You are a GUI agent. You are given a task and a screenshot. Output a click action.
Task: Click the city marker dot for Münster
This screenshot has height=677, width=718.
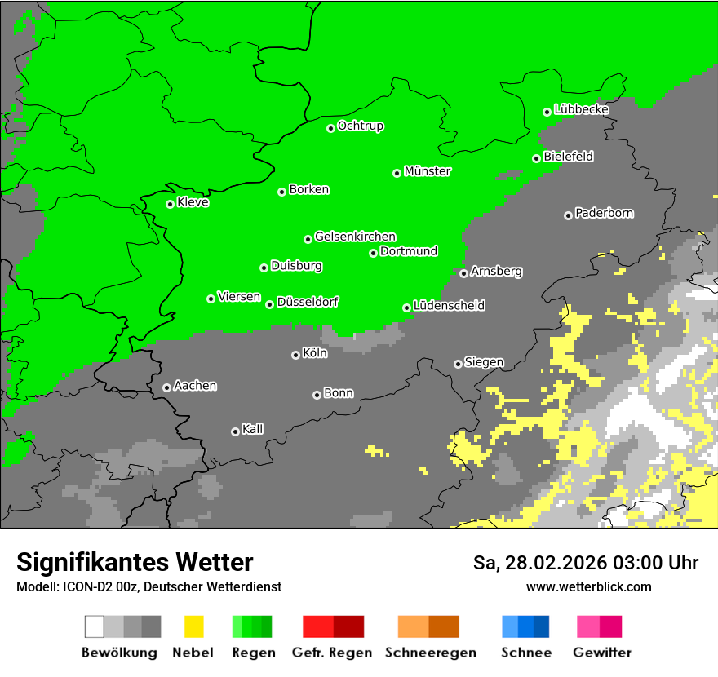coord(397,173)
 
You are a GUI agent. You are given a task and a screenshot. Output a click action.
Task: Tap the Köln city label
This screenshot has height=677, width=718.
coord(314,353)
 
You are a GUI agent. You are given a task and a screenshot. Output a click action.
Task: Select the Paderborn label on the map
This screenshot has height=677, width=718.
coord(604,213)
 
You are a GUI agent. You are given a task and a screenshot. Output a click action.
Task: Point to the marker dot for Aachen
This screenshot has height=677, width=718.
coord(166,387)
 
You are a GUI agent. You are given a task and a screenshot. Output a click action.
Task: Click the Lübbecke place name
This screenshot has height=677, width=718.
coord(581,109)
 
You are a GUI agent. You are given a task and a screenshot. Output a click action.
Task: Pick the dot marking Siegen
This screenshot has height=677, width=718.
coord(458,364)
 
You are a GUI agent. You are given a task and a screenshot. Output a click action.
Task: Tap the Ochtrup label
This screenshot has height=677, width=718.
coord(360,126)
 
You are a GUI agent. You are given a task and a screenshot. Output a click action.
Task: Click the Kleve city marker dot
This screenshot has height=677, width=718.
coord(170,204)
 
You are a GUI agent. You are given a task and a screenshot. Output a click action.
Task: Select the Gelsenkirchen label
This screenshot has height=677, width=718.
coord(355,237)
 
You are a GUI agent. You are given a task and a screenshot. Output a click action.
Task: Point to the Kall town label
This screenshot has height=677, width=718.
coord(252,429)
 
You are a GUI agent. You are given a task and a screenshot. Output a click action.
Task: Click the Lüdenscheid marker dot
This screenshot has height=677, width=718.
coord(406,308)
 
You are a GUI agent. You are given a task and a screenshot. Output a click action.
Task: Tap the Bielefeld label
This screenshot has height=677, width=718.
coord(568,156)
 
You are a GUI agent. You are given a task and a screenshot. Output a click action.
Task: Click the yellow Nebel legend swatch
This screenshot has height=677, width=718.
coord(193,626)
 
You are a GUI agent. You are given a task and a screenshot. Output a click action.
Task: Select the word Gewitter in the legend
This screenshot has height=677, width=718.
coord(602,653)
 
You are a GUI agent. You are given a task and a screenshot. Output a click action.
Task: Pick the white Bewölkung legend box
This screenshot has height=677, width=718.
coord(95,626)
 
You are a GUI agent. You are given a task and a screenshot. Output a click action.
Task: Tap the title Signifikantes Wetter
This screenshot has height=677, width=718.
coord(135,562)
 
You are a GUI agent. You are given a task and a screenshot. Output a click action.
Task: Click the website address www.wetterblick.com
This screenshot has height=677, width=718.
coord(588,586)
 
